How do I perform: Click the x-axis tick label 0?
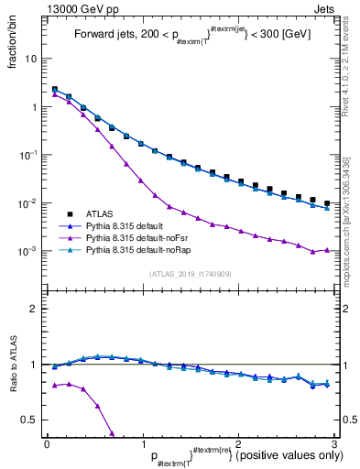[47, 442]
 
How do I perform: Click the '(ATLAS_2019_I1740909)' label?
[190, 273]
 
